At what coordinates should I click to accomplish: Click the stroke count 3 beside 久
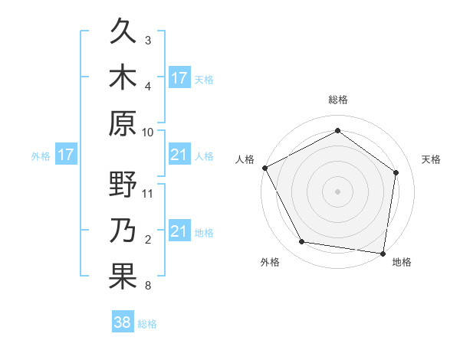[x=148, y=40]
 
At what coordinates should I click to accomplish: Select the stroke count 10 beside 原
[x=148, y=132]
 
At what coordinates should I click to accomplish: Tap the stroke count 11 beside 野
[x=148, y=193]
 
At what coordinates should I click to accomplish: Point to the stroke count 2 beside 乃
[x=148, y=240]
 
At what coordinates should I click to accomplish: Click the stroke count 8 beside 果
[x=148, y=286]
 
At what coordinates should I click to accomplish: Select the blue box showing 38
[x=123, y=322]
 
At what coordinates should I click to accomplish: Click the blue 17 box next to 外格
[x=66, y=155]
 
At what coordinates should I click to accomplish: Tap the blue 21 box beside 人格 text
[x=179, y=155]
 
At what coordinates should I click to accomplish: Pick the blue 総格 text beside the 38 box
[x=147, y=324]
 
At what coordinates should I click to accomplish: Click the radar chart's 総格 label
[x=337, y=100]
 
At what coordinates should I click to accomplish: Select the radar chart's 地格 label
[x=402, y=262]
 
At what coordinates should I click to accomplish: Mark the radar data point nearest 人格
[x=264, y=168]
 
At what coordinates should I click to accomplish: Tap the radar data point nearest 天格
[x=396, y=172]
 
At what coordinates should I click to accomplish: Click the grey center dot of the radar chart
[x=337, y=191]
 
